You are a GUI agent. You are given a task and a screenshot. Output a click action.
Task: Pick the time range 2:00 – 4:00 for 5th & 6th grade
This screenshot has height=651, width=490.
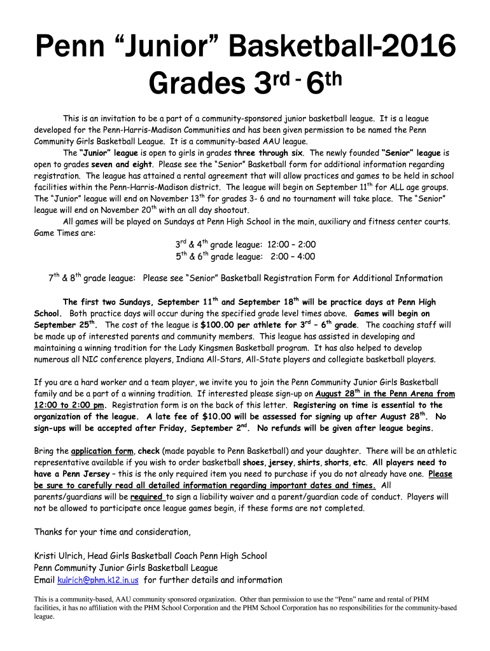(291, 257)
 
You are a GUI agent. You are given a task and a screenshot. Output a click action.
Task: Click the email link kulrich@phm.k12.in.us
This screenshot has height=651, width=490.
(98, 580)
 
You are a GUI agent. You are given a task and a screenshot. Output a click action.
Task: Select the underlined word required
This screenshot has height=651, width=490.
(147, 497)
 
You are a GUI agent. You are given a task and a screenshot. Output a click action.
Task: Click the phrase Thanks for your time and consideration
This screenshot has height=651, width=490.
(112, 531)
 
